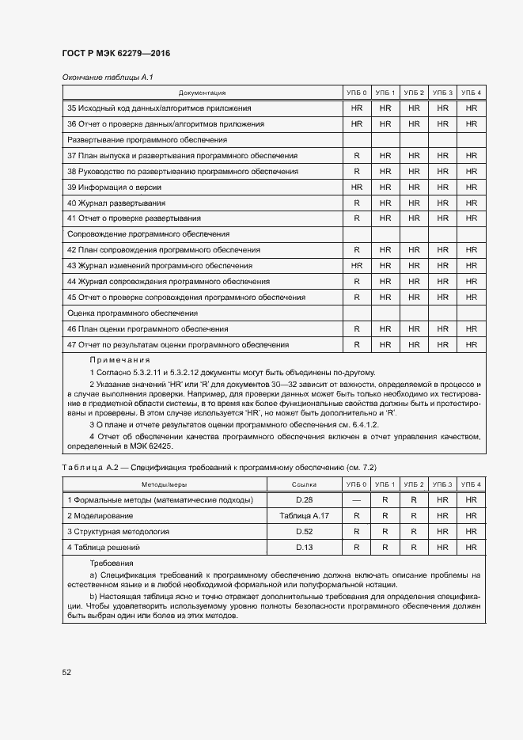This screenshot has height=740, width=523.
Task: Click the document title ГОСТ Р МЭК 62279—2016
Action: point(116,54)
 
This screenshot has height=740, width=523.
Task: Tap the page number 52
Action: point(66,672)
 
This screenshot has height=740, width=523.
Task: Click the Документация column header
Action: point(202,93)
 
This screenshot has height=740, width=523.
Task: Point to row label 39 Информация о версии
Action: point(115,187)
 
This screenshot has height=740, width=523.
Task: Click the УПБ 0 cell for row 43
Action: point(356,265)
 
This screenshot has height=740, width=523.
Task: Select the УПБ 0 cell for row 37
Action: point(356,155)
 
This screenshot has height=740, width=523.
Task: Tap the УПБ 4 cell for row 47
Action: point(472,344)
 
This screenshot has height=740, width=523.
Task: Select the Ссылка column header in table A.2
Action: point(304,484)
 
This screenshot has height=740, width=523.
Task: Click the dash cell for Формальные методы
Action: point(356,499)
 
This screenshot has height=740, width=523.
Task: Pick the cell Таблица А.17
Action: point(304,515)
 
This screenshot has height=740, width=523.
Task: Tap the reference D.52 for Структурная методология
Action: point(304,531)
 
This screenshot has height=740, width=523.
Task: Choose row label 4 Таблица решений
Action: point(104,547)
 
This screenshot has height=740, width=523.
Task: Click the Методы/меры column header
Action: point(165,484)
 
